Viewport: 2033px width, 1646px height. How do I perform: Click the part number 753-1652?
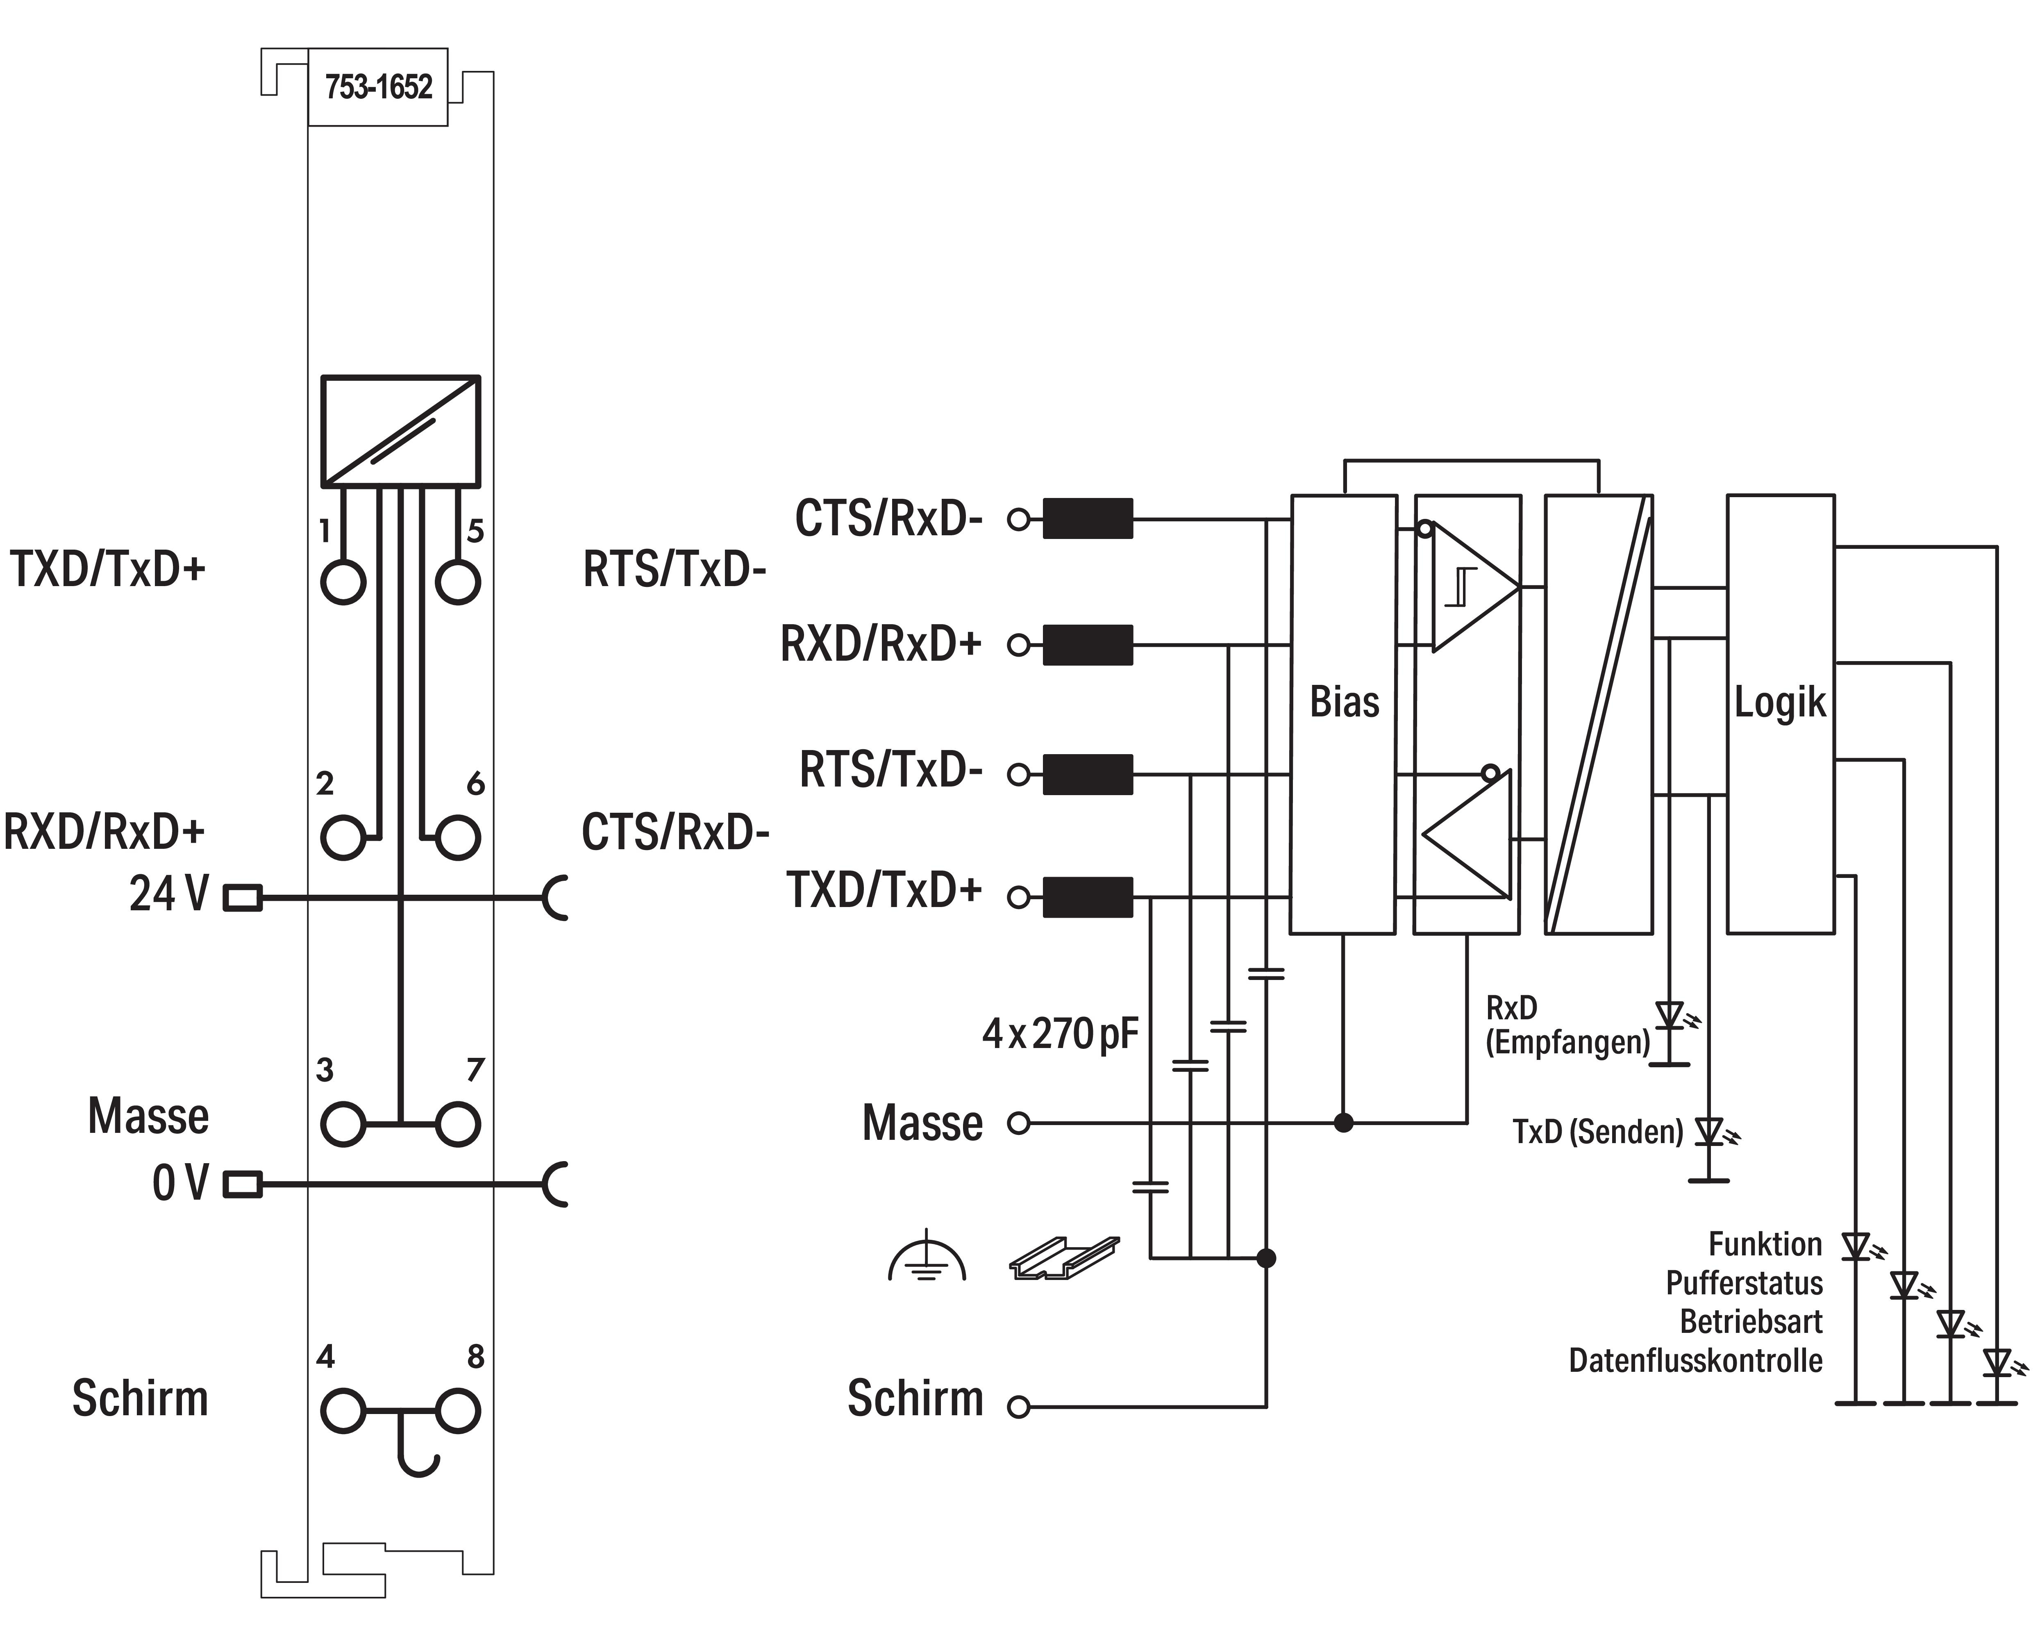tap(378, 87)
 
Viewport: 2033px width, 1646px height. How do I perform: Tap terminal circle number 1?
tap(343, 581)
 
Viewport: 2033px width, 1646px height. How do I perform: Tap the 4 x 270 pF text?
tap(1060, 1034)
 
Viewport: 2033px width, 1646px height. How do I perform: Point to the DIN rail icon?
tap(1063, 1257)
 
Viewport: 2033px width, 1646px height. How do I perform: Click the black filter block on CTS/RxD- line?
tap(1087, 518)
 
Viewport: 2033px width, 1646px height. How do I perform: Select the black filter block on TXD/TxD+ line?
tap(1087, 897)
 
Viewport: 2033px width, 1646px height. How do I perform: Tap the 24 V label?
tap(169, 894)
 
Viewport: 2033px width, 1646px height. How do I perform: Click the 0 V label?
tap(179, 1183)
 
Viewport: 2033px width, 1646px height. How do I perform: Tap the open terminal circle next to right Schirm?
tap(1019, 1407)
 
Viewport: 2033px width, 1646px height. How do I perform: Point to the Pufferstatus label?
tap(1744, 1283)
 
